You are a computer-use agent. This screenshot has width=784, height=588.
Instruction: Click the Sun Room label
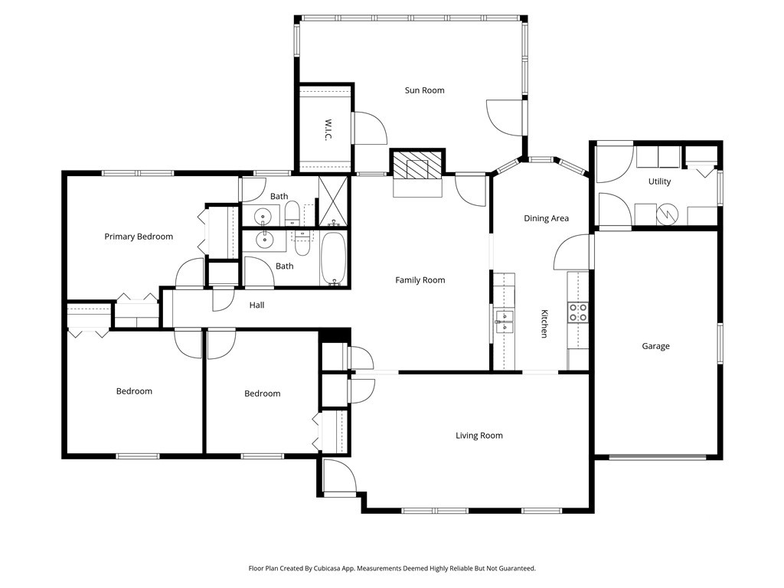point(424,90)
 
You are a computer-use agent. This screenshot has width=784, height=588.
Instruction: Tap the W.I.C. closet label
point(328,129)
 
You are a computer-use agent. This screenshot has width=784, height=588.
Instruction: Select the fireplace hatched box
point(417,164)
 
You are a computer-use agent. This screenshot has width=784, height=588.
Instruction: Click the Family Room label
point(420,280)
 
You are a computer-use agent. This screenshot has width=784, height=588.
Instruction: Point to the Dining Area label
point(546,218)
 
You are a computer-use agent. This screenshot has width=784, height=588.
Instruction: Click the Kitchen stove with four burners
point(577,312)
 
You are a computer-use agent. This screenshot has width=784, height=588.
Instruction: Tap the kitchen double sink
point(504,321)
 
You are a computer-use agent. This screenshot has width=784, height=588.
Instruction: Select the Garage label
point(655,346)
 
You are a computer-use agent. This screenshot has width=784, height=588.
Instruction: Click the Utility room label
point(659,181)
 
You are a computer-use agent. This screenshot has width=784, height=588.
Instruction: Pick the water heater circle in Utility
point(667,214)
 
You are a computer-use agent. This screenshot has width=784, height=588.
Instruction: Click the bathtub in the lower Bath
point(332,259)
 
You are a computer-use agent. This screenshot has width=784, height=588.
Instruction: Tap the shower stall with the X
point(333,201)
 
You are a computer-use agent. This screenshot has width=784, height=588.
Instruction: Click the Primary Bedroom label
point(139,237)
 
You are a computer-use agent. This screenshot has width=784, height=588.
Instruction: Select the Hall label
point(256,305)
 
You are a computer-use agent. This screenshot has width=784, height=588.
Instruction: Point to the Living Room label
point(479,436)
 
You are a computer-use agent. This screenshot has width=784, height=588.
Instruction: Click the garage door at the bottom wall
point(657,457)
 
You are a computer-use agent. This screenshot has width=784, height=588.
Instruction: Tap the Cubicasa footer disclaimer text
point(392,569)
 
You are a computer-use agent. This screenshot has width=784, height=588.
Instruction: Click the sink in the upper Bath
point(263,217)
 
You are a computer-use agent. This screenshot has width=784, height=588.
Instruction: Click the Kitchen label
point(544,324)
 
